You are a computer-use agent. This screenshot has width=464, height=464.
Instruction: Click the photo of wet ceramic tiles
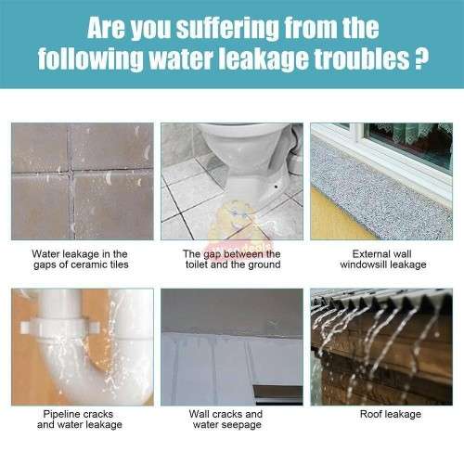tap(81, 180)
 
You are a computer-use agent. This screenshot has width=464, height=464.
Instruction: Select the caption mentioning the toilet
tap(232, 259)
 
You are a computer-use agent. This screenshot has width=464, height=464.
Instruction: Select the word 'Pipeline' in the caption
tap(58, 414)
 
